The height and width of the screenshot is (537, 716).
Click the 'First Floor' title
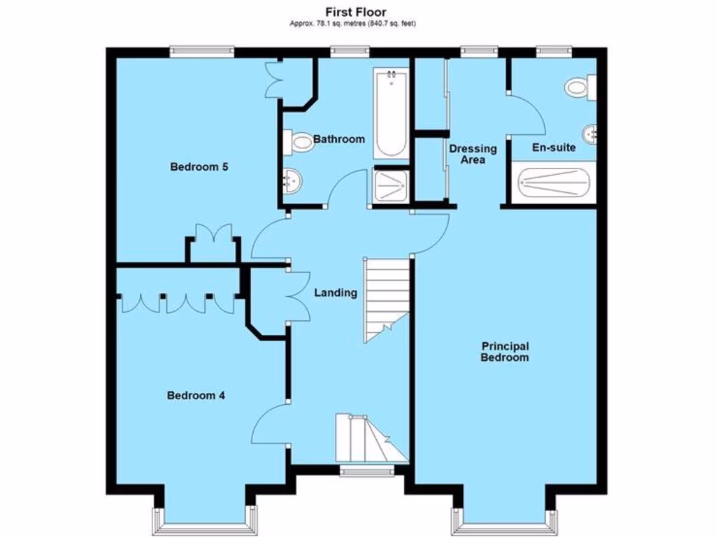(x=355, y=12)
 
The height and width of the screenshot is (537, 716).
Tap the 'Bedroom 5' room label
(x=200, y=167)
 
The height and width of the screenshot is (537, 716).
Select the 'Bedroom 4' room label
(x=196, y=396)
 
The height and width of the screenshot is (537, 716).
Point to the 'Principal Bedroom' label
(x=505, y=352)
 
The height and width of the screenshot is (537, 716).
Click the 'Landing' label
(x=336, y=293)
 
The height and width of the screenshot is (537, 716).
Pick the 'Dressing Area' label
(x=473, y=154)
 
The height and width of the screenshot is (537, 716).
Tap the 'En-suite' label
(x=554, y=148)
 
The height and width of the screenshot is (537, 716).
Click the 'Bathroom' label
(x=338, y=139)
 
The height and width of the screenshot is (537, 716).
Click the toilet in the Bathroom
(x=299, y=143)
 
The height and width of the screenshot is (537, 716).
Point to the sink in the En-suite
(x=591, y=133)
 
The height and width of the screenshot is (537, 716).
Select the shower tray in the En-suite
(x=554, y=185)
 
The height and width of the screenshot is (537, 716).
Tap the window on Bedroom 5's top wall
(x=202, y=50)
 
